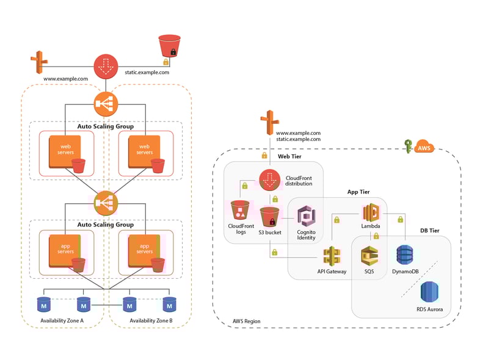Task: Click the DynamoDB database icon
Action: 405,256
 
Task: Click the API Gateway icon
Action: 332,256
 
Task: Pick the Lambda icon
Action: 371,213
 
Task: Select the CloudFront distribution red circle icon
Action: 269,180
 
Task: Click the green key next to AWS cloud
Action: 408,146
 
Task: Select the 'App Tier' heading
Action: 358,192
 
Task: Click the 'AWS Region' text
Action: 246,321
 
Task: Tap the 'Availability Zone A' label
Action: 62,320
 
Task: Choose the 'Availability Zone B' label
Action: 151,320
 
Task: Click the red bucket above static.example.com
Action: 169,46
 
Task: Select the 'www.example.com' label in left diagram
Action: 65,79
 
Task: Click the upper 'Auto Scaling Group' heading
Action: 106,126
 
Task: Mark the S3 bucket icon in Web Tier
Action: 270,218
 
